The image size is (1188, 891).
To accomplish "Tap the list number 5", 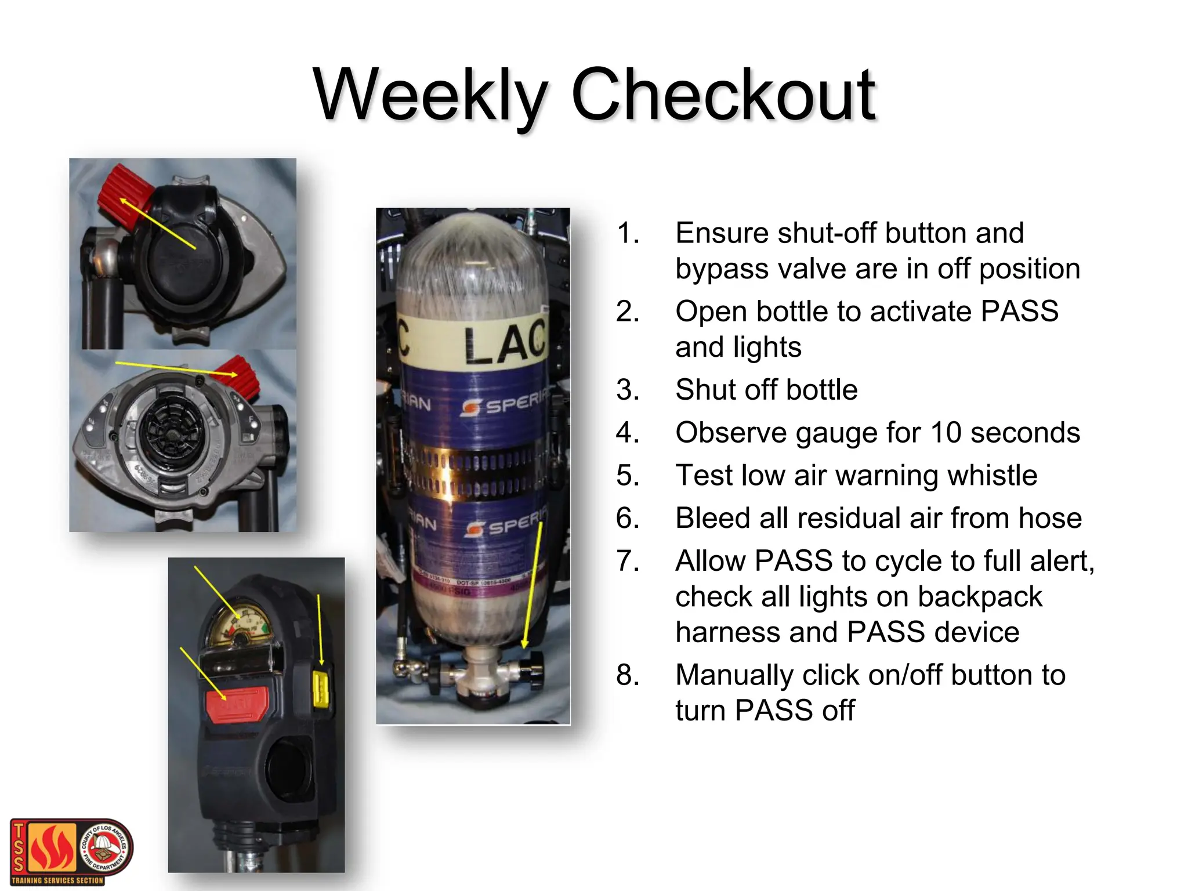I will [x=628, y=476].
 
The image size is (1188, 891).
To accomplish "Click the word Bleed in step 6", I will [x=712, y=518].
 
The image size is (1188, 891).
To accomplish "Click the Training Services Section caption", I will [x=57, y=881].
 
